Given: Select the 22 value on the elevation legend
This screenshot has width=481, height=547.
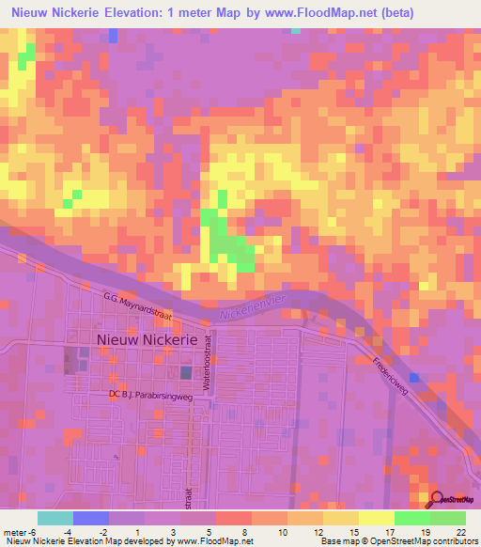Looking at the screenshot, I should click(x=460, y=532).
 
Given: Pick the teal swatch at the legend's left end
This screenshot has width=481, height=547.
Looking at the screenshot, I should click(x=54, y=518).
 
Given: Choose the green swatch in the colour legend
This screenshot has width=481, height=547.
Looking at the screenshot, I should click(x=411, y=518).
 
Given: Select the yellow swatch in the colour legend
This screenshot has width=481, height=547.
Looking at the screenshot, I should click(x=376, y=518).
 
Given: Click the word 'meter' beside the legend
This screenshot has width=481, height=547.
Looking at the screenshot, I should click(x=15, y=532).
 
